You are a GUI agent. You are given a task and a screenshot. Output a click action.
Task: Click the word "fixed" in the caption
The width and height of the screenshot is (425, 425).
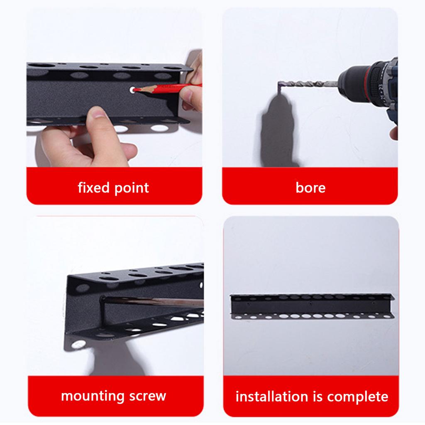93,187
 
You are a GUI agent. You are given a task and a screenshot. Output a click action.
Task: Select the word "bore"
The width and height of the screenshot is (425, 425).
310,188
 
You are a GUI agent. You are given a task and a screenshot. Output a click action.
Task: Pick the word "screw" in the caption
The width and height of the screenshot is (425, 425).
147,396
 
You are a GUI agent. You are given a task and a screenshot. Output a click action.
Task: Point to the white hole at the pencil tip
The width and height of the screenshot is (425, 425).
132,90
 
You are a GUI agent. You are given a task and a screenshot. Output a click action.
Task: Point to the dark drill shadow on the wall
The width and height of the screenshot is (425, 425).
277,130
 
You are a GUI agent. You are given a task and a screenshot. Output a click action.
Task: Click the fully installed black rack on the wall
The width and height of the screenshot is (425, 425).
312,306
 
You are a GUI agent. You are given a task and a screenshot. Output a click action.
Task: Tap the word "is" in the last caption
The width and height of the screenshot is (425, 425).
318,396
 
